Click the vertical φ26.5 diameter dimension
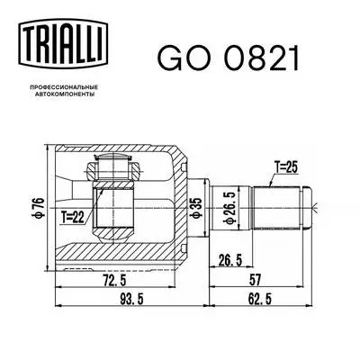coord(231,208)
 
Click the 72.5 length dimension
coord(112,281)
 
